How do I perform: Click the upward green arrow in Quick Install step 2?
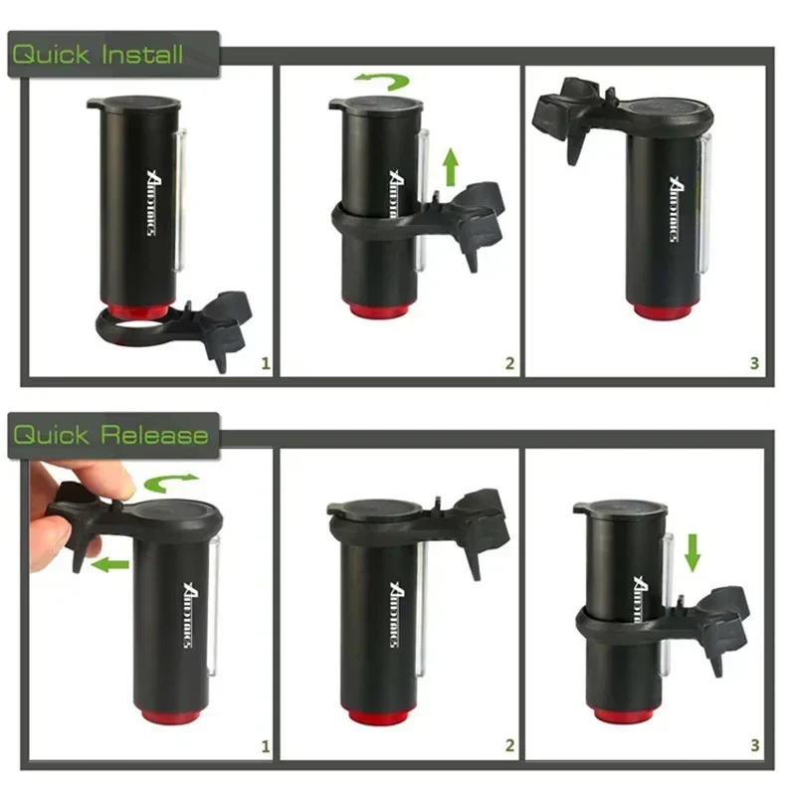coord(450,164)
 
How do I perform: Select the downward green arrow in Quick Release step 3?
coord(694,552)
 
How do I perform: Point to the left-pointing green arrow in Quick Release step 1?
coord(112,564)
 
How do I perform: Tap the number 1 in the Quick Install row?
coord(265,363)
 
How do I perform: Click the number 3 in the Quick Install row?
coord(754,363)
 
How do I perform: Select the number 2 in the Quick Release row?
coord(509,744)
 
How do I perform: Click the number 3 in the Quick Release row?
coord(754,744)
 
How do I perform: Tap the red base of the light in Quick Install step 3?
coord(660,310)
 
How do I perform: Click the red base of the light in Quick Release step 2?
coord(381,713)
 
